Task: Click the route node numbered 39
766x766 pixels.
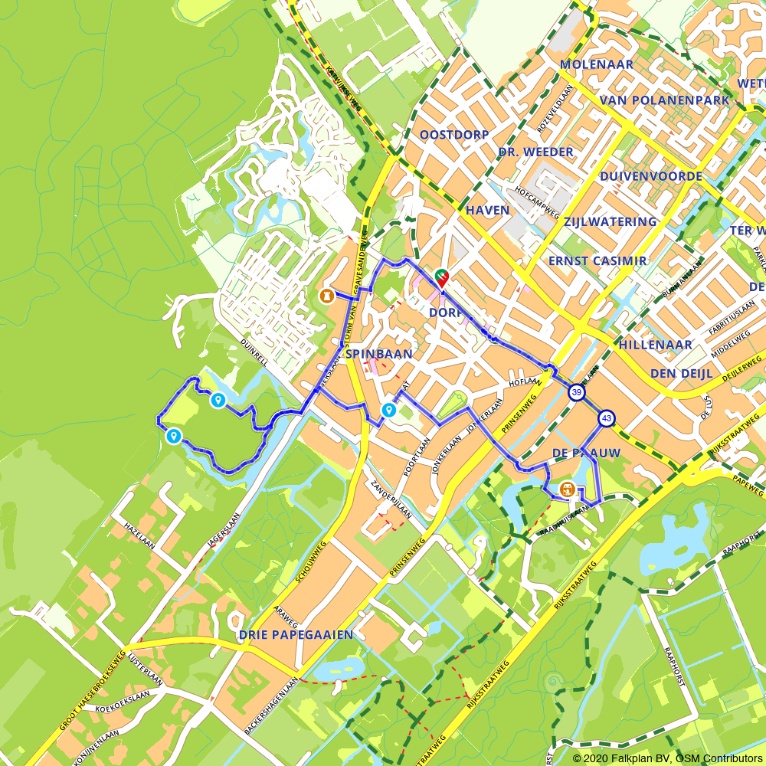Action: (x=576, y=393)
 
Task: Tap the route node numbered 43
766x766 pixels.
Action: (x=607, y=418)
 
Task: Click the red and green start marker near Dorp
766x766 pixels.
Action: (x=441, y=278)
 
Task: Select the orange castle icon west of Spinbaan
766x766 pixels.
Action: (x=327, y=295)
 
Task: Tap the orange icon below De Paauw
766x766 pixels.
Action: (x=568, y=489)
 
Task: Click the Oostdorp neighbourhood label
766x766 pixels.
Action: (x=454, y=135)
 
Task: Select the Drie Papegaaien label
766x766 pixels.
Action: (x=296, y=635)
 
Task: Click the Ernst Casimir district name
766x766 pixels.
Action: (x=597, y=261)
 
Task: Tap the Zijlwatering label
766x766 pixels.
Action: (x=610, y=222)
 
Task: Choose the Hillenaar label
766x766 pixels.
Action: (x=656, y=345)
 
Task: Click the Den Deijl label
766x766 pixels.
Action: (x=681, y=373)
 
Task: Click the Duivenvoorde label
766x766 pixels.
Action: (x=651, y=176)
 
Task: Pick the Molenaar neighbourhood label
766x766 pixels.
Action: (x=597, y=64)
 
